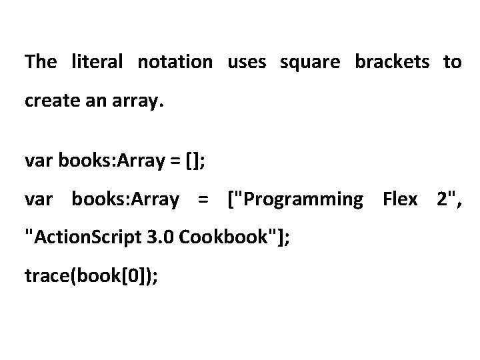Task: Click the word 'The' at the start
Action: [41, 62]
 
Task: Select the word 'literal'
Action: [97, 62]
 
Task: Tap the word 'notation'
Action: [175, 62]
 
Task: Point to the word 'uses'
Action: [247, 63]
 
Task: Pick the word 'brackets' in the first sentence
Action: [392, 62]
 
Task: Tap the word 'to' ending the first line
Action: [452, 63]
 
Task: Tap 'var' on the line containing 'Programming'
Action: [38, 199]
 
